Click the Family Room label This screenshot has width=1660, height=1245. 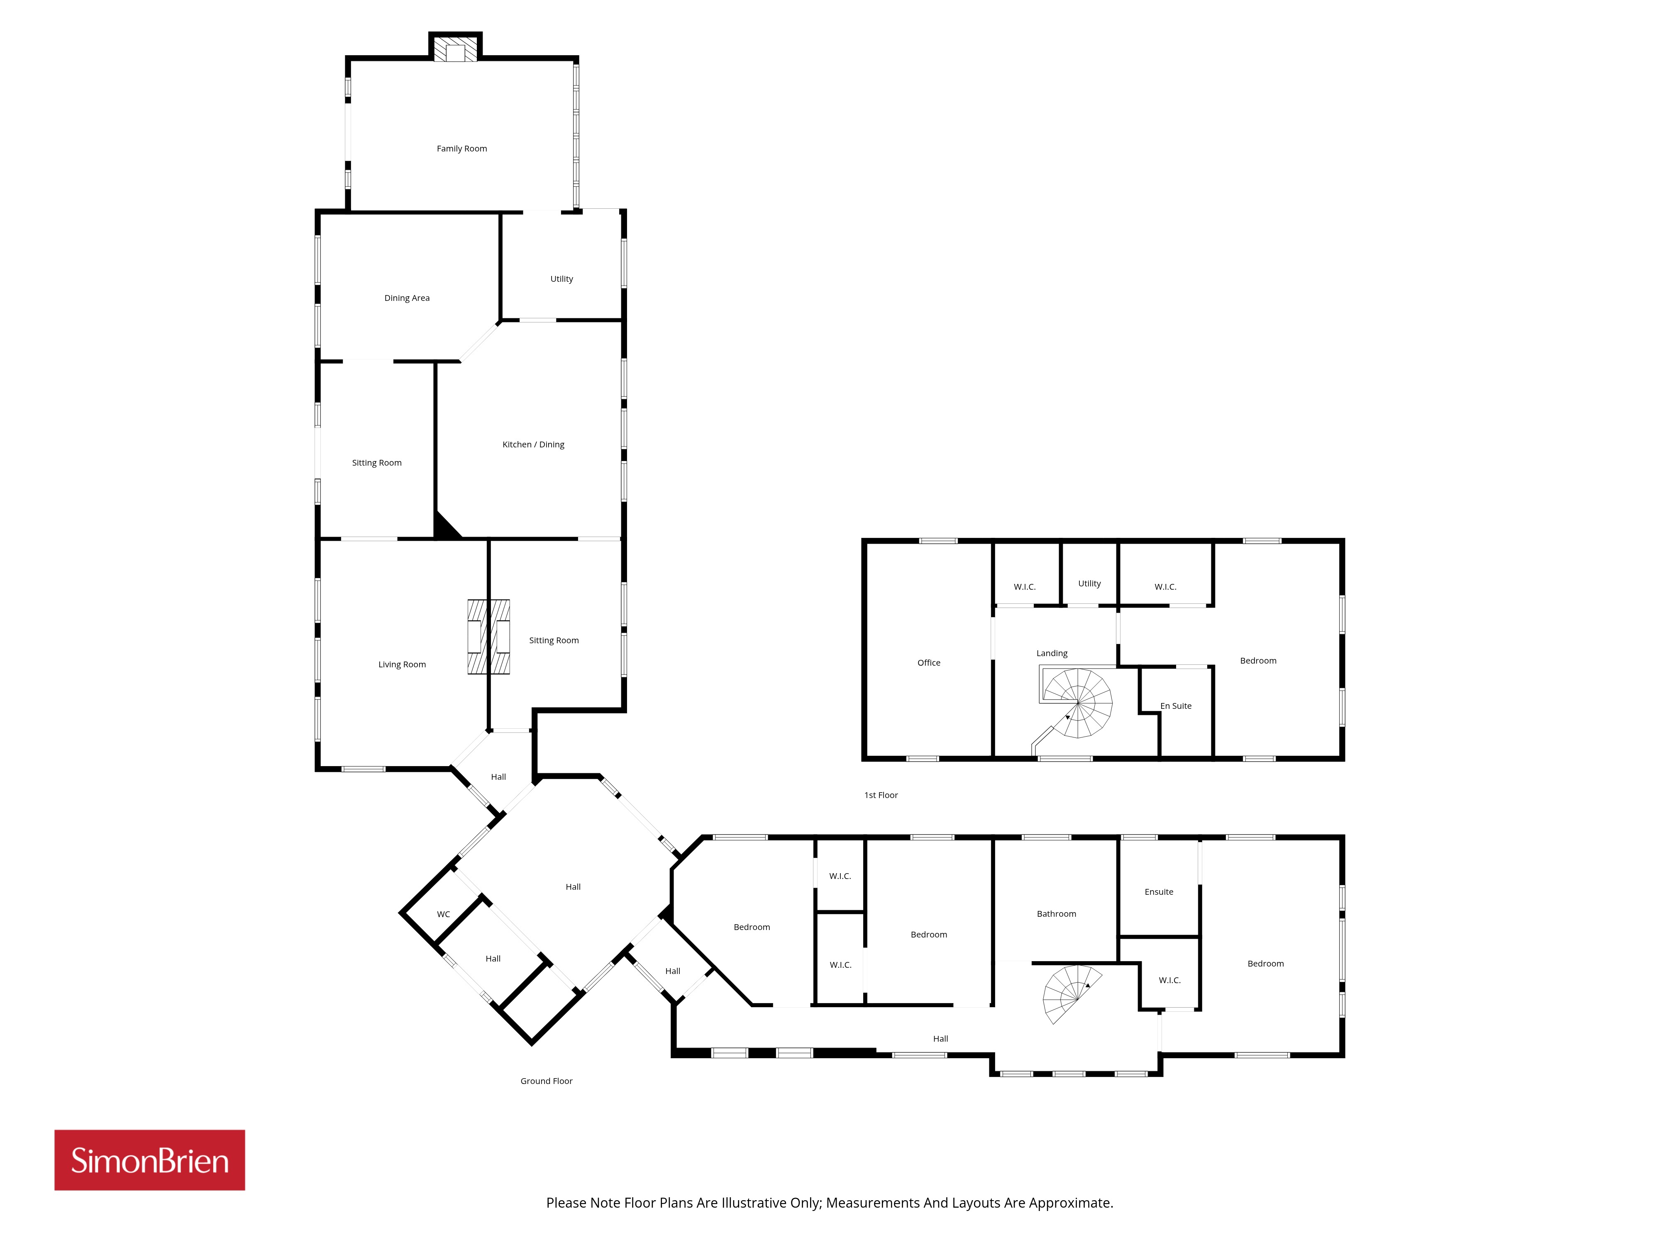pos(461,149)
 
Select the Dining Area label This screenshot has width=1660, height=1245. pos(407,298)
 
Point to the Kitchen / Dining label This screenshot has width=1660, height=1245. pos(533,444)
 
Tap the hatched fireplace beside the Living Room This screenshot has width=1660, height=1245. pos(488,636)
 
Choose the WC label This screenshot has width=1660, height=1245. pos(444,914)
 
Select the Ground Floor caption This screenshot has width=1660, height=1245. pos(546,1081)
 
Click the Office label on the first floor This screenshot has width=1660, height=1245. pos(928,663)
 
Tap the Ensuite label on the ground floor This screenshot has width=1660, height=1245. pos(1159,891)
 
